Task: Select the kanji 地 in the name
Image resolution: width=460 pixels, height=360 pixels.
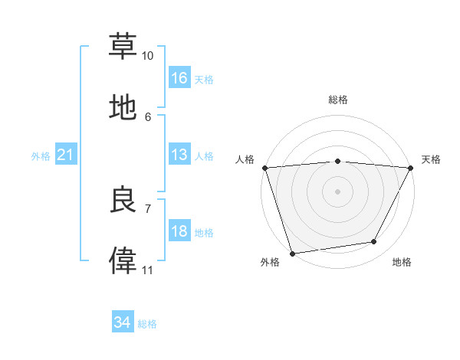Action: point(123,108)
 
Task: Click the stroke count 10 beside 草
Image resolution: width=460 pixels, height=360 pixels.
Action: point(147,56)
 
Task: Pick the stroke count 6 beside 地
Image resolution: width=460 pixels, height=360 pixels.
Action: point(148,116)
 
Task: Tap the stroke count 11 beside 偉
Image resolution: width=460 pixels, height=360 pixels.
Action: point(147,270)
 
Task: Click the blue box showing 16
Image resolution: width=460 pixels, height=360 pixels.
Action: point(179,78)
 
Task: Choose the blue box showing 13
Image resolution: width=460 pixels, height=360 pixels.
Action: point(179,155)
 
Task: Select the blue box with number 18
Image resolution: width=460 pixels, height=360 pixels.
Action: point(179,231)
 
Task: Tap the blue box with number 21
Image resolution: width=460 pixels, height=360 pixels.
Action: point(66,155)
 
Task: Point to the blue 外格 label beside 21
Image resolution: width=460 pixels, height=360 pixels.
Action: point(41,155)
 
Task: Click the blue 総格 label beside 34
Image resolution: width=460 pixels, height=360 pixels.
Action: point(147,324)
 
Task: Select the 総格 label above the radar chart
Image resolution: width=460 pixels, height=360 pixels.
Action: point(338,100)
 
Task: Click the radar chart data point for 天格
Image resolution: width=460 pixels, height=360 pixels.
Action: point(411,168)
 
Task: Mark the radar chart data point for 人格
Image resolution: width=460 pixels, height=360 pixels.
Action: point(264,168)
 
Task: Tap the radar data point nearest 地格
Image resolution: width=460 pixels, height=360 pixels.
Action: point(374,242)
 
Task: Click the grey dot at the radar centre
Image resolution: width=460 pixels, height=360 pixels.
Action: point(337,191)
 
